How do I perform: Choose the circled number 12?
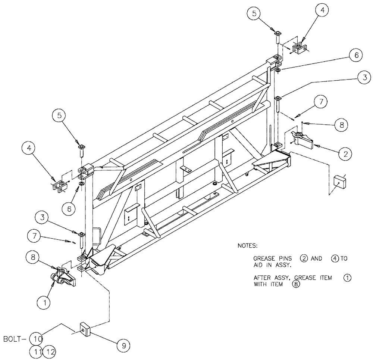[49, 351]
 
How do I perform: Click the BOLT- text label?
[15, 339]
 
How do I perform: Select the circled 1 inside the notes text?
[347, 278]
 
